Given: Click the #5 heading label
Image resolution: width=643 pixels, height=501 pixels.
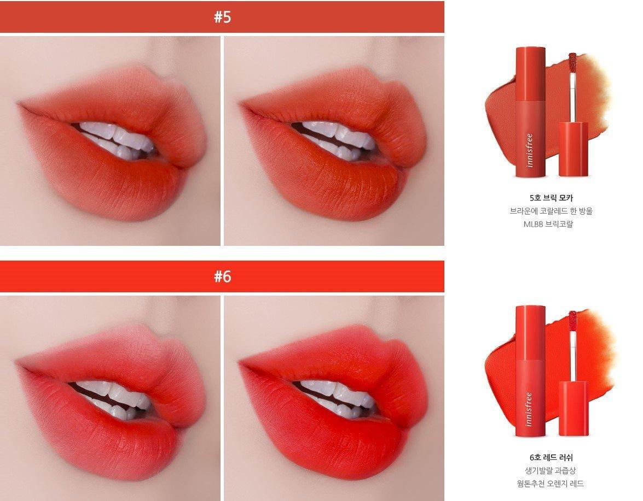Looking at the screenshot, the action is (x=222, y=17).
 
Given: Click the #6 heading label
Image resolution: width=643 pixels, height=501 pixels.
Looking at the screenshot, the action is (x=222, y=276).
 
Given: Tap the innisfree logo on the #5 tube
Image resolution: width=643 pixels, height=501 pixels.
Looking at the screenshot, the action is (x=529, y=150).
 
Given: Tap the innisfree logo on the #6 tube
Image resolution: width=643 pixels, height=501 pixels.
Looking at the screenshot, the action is (x=529, y=409).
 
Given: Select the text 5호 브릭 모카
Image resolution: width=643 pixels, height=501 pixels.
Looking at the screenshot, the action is (x=551, y=198).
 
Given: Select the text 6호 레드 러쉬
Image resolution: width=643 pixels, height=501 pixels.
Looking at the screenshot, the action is (x=551, y=458).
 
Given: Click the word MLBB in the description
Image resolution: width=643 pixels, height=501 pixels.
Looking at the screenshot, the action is (x=533, y=225).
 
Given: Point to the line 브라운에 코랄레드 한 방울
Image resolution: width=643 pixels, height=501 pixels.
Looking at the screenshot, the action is (x=551, y=211).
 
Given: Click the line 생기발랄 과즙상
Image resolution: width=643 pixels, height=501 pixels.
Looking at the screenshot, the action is (x=551, y=471).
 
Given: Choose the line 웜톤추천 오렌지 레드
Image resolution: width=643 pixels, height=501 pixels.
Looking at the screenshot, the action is (x=551, y=484).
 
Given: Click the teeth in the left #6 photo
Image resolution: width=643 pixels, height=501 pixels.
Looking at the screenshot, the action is (x=111, y=398).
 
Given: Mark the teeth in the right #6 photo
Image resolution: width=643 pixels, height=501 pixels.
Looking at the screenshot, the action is (x=334, y=397).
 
